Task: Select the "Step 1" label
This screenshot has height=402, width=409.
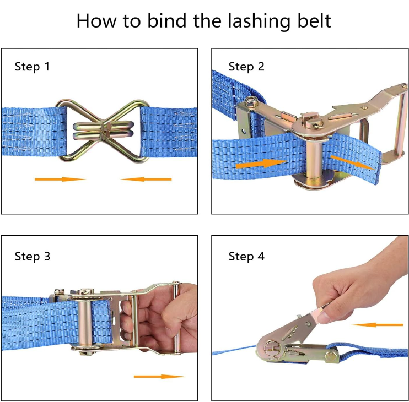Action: (x=32, y=67)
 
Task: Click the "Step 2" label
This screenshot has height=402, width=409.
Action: (x=246, y=67)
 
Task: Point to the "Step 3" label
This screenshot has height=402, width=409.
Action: (x=33, y=257)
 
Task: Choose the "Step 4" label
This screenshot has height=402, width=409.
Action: (x=246, y=257)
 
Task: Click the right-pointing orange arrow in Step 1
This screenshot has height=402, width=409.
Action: (x=60, y=179)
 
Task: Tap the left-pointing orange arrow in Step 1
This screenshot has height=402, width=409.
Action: (x=146, y=179)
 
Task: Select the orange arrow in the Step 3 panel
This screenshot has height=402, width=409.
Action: (x=159, y=377)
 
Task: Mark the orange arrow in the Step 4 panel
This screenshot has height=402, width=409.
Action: (x=378, y=325)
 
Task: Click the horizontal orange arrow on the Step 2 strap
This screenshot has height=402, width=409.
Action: (x=261, y=164)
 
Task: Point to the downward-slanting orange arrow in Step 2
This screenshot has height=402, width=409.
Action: (x=353, y=162)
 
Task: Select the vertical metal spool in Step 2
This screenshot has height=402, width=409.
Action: (x=314, y=160)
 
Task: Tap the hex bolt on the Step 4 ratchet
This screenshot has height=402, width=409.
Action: (x=331, y=357)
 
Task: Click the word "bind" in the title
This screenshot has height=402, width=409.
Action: (x=167, y=20)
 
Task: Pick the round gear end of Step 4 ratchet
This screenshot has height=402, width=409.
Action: (x=271, y=349)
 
